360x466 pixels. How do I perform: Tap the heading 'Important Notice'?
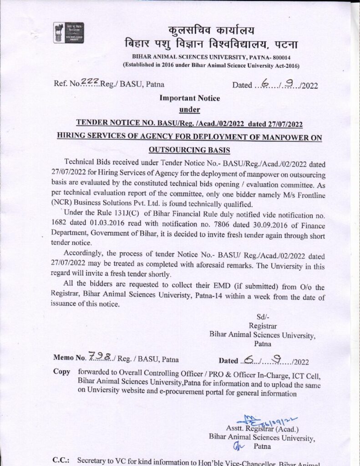(x=190, y=98)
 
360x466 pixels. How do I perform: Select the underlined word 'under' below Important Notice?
(x=190, y=109)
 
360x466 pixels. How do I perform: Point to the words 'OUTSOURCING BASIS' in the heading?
(x=190, y=150)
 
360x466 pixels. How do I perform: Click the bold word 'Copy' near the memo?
(x=62, y=371)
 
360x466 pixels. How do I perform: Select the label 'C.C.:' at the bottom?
(x=61, y=460)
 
